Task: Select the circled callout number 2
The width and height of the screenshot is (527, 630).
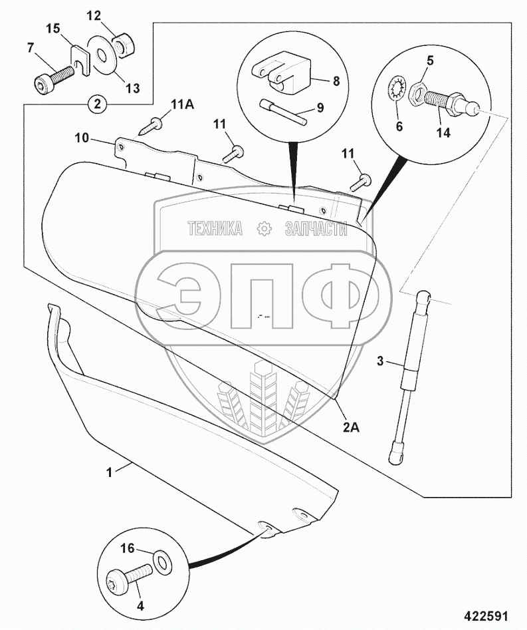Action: click(x=97, y=104)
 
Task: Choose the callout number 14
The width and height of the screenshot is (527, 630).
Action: click(x=443, y=132)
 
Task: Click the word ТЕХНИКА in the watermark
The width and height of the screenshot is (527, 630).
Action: click(x=215, y=230)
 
